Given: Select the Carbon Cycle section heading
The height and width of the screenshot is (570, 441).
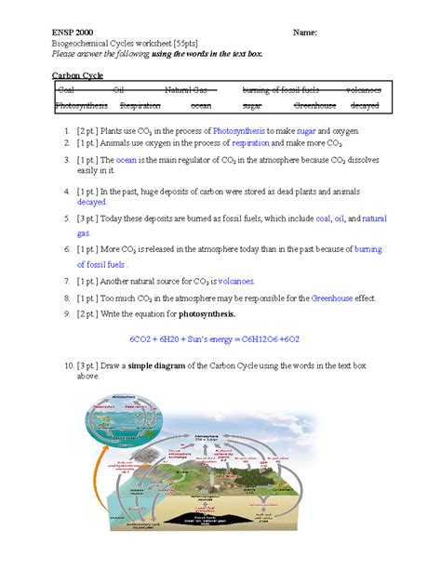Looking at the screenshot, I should pyautogui.click(x=77, y=74).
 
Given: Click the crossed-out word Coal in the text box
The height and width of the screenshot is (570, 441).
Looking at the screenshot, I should pyautogui.click(x=66, y=90).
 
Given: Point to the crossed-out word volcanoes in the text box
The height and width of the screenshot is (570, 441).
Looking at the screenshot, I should pyautogui.click(x=363, y=90).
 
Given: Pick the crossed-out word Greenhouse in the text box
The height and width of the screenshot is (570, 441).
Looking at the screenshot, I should pyautogui.click(x=314, y=106).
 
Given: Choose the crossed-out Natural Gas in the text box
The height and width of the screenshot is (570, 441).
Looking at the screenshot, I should pyautogui.click(x=191, y=90).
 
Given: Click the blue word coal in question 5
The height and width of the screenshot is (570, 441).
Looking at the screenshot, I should pyautogui.click(x=325, y=219).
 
